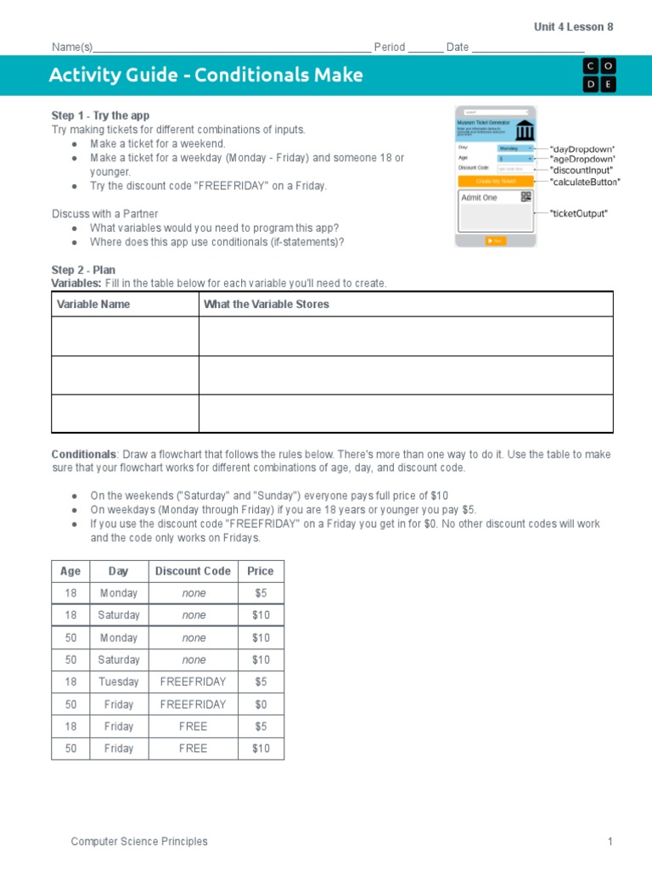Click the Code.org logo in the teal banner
(x=599, y=76)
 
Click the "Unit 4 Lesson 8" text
(x=573, y=27)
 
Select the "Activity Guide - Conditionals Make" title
(x=205, y=76)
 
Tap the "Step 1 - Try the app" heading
(x=101, y=115)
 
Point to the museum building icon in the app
(x=525, y=130)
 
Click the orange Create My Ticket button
(x=495, y=181)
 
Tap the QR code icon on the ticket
(x=526, y=197)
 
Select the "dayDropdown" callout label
(x=582, y=149)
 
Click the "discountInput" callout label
(x=582, y=171)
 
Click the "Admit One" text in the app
(x=479, y=198)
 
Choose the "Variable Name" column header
(x=93, y=305)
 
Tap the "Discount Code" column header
(x=193, y=571)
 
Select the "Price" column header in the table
(x=261, y=571)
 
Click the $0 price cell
(x=261, y=704)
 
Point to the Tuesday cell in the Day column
(x=118, y=682)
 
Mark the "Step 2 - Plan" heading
(x=83, y=271)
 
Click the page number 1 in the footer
(x=610, y=842)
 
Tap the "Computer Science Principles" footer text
(x=139, y=842)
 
